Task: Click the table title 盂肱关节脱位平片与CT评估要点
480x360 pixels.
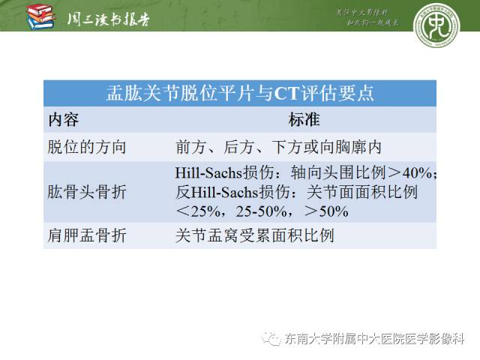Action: coord(240,94)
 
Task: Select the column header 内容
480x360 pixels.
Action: coord(64,120)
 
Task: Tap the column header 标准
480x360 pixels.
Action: coord(304,120)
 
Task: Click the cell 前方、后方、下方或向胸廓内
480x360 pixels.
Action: coord(279,147)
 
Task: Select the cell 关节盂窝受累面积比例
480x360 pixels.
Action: coord(254,236)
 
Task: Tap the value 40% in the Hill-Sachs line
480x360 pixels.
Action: coord(415,173)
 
